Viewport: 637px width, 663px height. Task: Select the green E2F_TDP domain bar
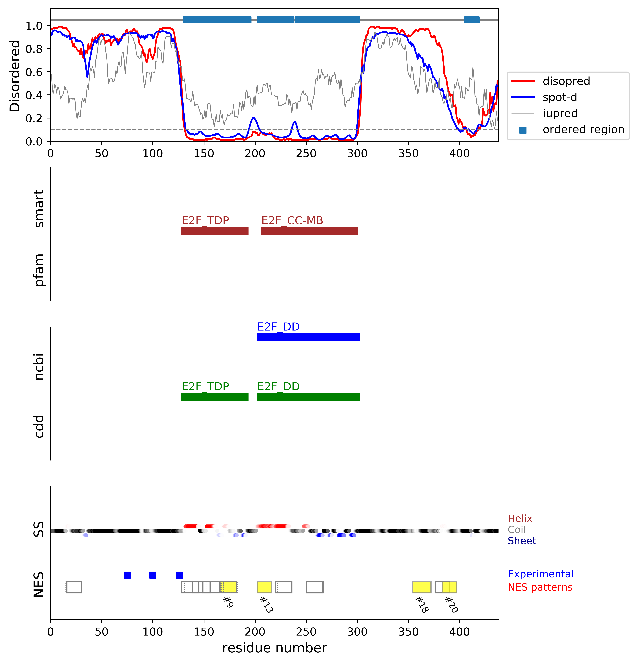point(214,397)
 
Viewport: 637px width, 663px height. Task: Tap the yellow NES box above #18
point(422,587)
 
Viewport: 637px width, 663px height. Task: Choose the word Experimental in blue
point(540,574)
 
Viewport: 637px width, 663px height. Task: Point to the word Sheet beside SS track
point(522,541)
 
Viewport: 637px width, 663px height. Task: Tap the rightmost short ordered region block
point(472,20)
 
